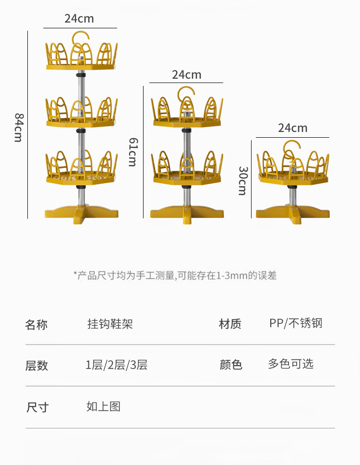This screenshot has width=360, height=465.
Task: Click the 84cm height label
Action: click(18, 127)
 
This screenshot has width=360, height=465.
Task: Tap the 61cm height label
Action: click(132, 152)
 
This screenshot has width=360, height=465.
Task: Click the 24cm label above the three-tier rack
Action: click(79, 19)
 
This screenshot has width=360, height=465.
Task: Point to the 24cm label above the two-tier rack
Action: click(187, 75)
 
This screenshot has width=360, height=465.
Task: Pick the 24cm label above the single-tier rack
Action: click(292, 128)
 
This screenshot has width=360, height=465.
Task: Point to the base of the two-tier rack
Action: click(186, 212)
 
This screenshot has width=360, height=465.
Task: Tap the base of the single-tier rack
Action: click(292, 213)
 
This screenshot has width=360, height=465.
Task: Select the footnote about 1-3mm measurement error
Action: click(175, 275)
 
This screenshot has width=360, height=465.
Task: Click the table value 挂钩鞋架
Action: click(110, 324)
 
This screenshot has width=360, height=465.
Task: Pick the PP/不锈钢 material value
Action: click(296, 323)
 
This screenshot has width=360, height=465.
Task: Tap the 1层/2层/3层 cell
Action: click(117, 365)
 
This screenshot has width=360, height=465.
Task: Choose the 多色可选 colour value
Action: click(290, 364)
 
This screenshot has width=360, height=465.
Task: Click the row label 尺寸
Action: click(37, 407)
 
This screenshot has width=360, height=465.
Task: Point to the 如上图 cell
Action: click(103, 407)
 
